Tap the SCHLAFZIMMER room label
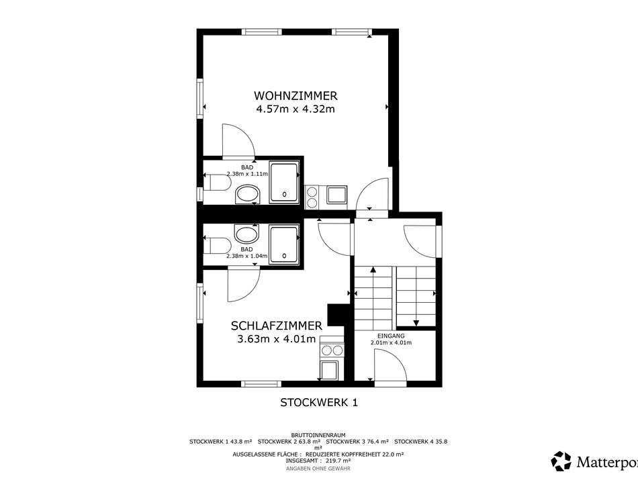276,326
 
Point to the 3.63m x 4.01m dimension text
276,339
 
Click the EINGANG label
390,336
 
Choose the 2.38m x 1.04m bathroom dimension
247,256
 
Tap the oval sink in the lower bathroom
246,235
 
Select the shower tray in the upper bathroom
285,181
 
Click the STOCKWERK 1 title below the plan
319,402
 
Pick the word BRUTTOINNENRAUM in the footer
318,435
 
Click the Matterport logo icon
561,461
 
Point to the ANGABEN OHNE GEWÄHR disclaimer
318,468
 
